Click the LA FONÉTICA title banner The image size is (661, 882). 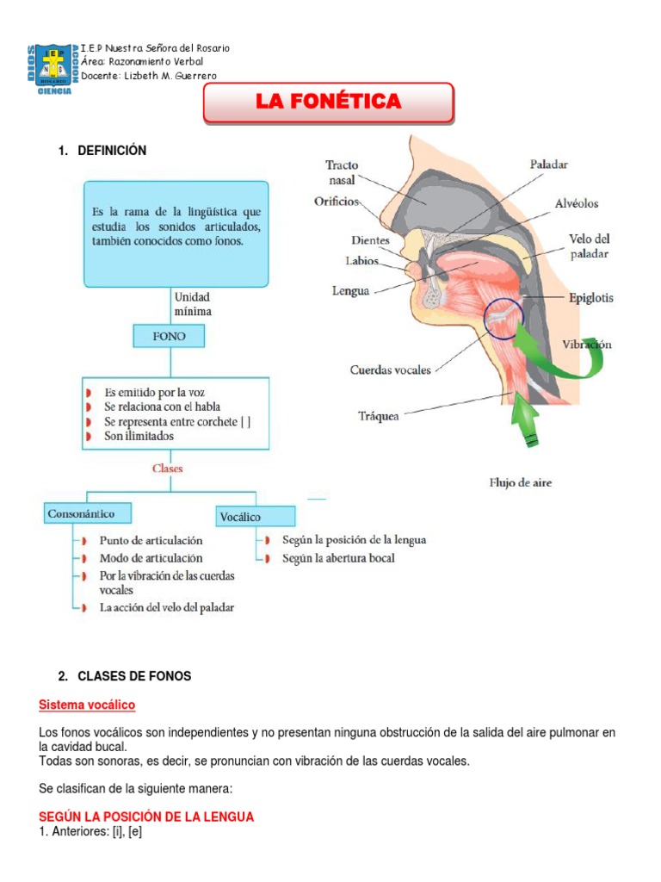[328, 102]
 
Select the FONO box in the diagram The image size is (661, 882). [169, 336]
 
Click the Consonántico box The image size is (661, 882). [81, 513]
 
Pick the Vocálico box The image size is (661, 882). [255, 516]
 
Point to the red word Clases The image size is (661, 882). [167, 469]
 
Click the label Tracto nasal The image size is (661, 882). [343, 172]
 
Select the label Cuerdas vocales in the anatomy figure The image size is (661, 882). [391, 370]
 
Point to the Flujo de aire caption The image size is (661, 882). [521, 482]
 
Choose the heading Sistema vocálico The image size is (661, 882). [87, 705]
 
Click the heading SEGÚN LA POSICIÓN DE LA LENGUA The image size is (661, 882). [146, 817]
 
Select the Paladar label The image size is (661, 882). [548, 164]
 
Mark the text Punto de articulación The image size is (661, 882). [151, 540]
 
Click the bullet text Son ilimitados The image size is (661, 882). [139, 436]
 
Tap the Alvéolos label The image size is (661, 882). [576, 203]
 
